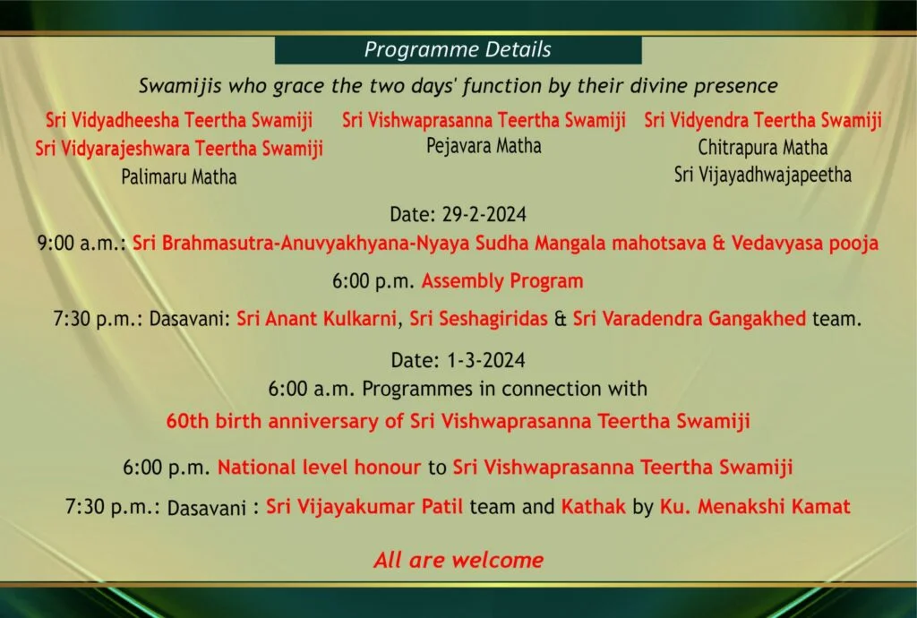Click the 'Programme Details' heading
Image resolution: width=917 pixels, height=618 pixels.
pos(458,49)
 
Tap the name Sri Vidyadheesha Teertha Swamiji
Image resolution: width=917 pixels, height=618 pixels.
pos(179,120)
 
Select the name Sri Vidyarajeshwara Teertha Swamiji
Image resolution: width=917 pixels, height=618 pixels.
pos(179,149)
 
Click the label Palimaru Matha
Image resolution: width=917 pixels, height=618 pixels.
pos(179,176)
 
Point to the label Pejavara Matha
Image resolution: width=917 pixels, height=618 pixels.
pos(484,146)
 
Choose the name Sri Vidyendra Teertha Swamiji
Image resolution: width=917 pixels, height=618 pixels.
pos(763,120)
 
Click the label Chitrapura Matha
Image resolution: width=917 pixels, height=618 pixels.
pos(763,148)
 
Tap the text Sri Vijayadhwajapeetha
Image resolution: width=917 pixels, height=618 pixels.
pos(763,175)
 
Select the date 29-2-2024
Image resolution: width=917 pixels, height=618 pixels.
pos(484,215)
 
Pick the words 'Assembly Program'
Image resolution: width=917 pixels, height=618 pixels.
pos(502,281)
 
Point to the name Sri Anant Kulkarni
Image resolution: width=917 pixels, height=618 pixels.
pos(316,319)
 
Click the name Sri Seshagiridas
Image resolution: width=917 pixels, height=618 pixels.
pos(478,319)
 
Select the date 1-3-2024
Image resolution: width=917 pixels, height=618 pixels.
pos(486,360)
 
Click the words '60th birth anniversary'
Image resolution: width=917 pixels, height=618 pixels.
pos(272,422)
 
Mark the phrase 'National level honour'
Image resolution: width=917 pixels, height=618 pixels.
pos(320,468)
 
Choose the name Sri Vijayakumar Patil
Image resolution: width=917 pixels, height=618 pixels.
pos(364,506)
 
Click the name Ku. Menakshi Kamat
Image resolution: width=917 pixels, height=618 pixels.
pos(755,506)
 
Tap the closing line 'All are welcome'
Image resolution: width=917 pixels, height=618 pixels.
pos(458,560)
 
